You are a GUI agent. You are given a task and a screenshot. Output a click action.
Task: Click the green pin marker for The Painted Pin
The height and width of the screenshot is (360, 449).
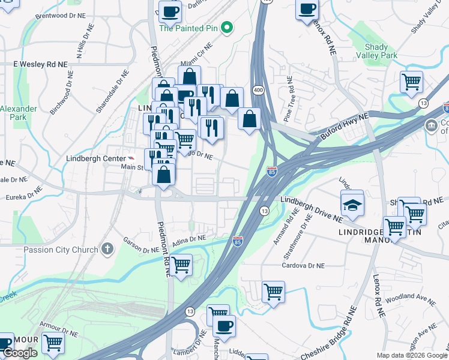tap(226, 28)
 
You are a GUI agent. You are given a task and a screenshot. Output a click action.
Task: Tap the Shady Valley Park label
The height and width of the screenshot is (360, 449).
tap(381, 51)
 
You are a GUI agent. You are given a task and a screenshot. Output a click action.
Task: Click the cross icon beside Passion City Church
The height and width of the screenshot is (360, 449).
tap(107, 248)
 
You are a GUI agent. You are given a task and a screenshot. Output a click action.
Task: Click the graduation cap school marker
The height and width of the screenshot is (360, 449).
tap(352, 205)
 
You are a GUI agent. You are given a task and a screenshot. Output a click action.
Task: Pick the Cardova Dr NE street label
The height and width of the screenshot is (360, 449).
tap(304, 265)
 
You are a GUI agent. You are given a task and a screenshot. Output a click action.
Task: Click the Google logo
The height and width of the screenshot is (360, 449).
tap(20, 353)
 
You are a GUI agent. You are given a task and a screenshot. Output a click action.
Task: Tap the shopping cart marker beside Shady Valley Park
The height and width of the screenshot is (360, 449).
tap(411, 82)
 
